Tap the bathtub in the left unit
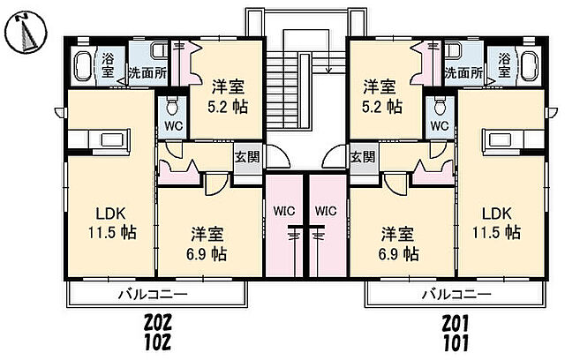(82, 67)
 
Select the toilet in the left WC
(172, 108)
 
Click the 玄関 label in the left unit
(246, 158)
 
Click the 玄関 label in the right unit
(362, 158)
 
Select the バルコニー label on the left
(154, 294)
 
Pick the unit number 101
(456, 341)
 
